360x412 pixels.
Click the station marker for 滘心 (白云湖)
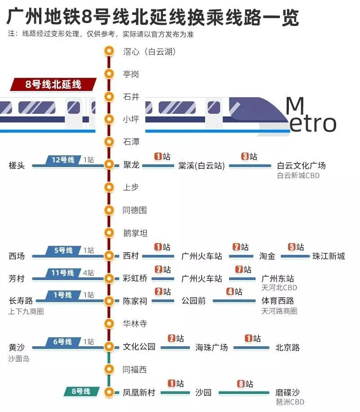pos(108,51)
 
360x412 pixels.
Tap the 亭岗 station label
pos(131,74)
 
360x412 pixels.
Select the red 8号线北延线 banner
pos(54,84)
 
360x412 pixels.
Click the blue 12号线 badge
pos(63,160)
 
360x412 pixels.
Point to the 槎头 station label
pos(17,166)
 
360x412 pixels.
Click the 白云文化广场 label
pos(301,166)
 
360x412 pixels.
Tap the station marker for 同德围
pos(108,210)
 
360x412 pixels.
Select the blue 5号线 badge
pos(63,250)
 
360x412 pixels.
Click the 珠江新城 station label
pos(328,256)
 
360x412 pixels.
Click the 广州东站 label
pos(277,279)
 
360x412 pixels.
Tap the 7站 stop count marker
pos(243,270)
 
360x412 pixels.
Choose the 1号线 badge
pos(63,295)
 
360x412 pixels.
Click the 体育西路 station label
pos(277,301)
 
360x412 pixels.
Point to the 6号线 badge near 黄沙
pos(62,342)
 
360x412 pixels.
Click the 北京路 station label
pos(288,348)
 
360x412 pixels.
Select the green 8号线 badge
pos(81,391)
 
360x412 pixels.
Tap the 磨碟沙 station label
pos(288,393)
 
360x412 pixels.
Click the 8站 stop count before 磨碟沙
pos(245,384)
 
